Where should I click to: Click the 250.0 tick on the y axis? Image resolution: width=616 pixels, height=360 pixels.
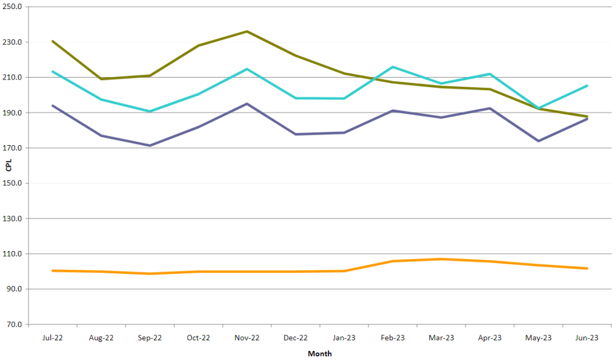click(14, 7)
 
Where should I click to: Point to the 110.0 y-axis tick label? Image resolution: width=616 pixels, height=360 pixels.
click(14, 254)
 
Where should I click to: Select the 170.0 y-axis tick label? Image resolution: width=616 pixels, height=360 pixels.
click(14, 148)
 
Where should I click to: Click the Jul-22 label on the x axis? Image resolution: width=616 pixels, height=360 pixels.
click(53, 338)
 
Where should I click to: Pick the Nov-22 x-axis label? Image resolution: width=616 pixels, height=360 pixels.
click(247, 338)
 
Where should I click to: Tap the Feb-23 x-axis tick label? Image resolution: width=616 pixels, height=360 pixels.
click(392, 338)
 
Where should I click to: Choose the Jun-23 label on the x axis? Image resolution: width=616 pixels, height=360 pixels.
click(587, 338)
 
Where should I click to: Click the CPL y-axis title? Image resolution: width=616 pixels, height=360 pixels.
click(8, 166)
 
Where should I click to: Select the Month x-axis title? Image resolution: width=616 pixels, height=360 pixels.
click(319, 353)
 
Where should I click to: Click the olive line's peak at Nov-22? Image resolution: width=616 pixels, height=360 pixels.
click(247, 31)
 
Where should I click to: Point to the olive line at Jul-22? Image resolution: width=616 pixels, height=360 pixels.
click(53, 41)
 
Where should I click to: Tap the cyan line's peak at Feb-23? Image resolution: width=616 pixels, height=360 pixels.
click(392, 67)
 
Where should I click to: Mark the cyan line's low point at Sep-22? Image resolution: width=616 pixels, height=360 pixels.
click(150, 111)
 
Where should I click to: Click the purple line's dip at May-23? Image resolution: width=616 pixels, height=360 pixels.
click(538, 141)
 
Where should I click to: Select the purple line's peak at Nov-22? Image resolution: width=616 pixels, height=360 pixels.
click(247, 104)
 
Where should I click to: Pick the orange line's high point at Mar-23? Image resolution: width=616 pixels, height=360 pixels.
click(441, 259)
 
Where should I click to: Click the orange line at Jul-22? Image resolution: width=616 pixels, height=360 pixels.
click(53, 271)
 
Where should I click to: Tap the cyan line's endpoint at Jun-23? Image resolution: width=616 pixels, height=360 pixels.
click(587, 85)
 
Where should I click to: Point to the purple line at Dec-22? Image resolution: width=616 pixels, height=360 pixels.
click(295, 134)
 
